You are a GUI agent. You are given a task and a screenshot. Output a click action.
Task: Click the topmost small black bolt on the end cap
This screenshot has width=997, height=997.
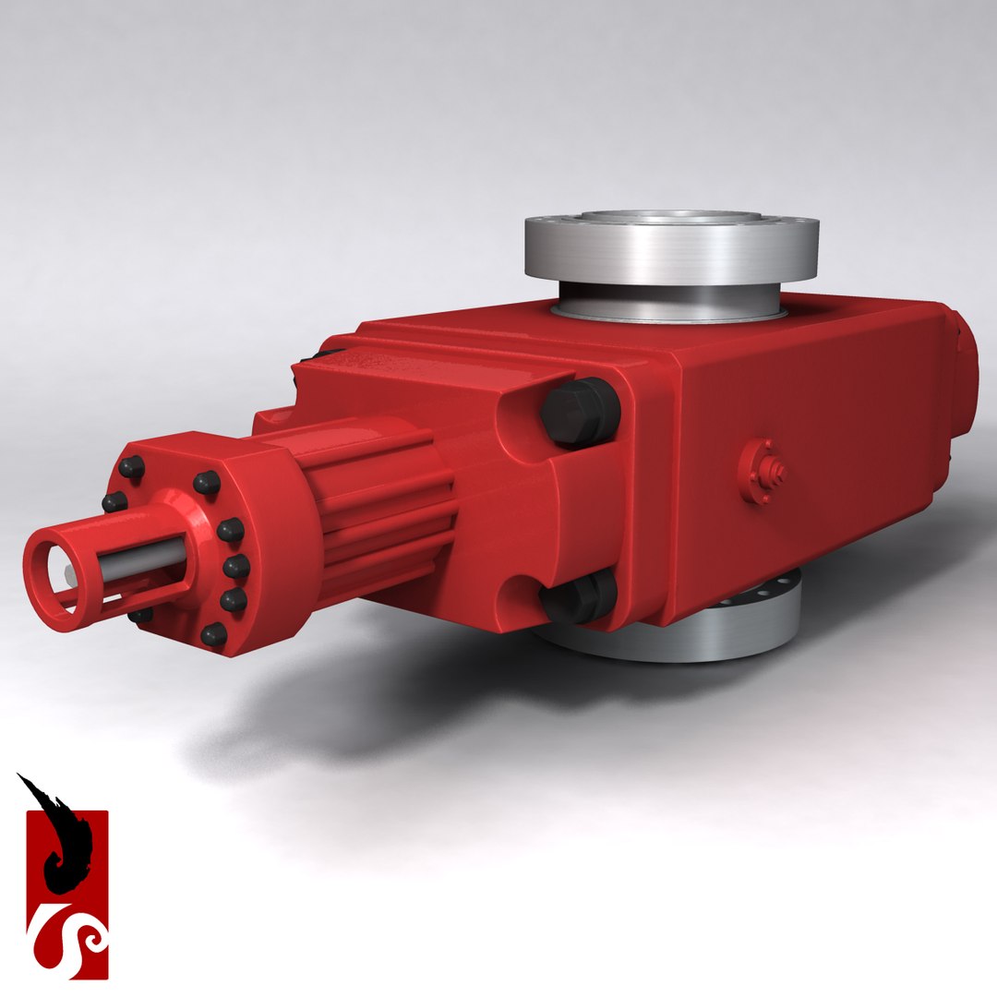(x=132, y=467)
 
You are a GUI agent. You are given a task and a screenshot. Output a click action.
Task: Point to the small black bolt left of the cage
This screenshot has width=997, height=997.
(x=114, y=502)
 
